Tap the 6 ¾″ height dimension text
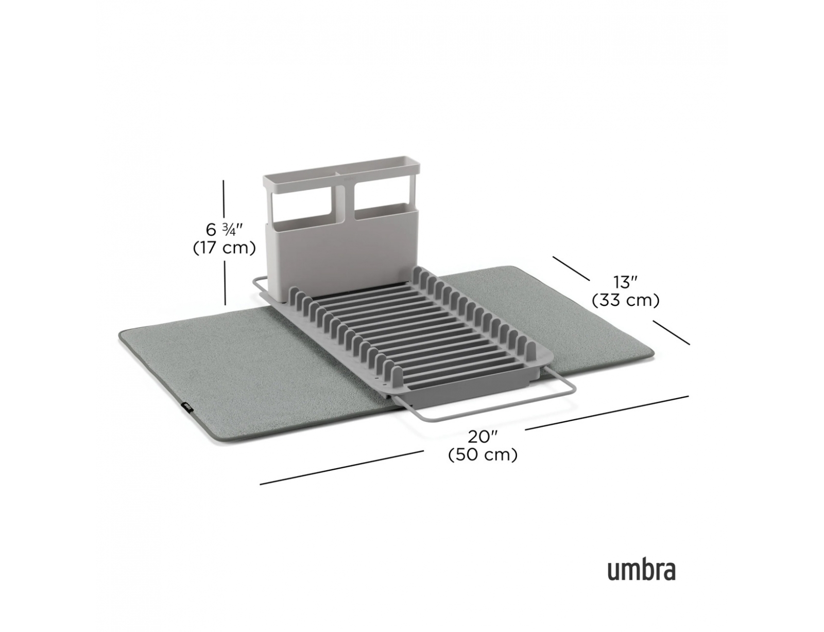coord(224,230)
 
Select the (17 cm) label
coord(224,248)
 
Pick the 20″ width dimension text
coord(483,437)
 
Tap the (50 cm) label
coord(483,455)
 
